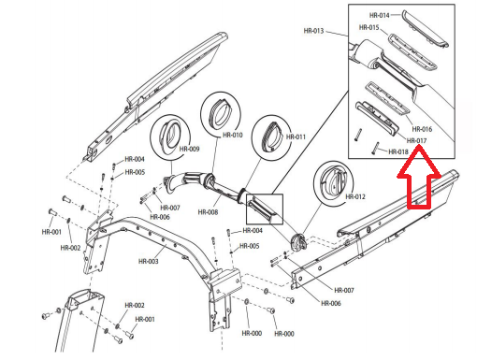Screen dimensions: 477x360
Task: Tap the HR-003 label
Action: coord(149,261)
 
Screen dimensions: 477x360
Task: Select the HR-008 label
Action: coord(208,212)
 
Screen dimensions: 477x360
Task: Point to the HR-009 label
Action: coord(189,149)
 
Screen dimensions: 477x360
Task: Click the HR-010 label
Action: coord(233,136)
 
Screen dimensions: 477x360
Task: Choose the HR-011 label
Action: coord(296,137)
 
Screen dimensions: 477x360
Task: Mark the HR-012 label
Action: coord(355,197)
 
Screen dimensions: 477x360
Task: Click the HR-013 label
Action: coord(313,31)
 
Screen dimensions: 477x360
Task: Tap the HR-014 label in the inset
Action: coord(380,15)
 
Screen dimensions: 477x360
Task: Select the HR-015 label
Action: coord(369,27)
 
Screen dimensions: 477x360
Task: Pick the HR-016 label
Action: coord(422,129)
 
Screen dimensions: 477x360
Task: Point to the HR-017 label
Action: coord(417,141)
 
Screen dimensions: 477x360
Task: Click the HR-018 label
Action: coord(398,152)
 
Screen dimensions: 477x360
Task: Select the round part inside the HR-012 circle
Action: coord(333,180)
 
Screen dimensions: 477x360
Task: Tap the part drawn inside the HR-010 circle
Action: coord(219,111)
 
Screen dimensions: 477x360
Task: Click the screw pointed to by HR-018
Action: coord(375,148)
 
